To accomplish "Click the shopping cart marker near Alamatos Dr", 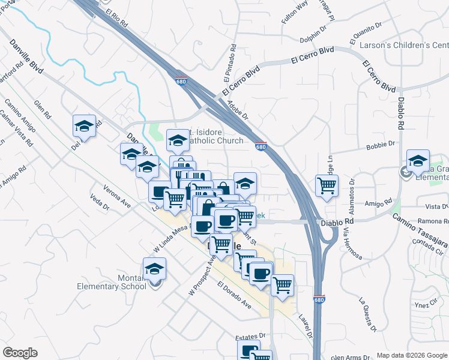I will (x=327, y=185).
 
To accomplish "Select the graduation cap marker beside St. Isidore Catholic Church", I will (x=178, y=140).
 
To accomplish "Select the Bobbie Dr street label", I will (x=383, y=144).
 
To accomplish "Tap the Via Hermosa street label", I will (x=352, y=245).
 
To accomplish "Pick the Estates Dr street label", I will (x=250, y=338).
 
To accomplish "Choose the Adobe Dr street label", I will (x=238, y=109).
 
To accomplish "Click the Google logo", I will (x=20, y=353).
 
